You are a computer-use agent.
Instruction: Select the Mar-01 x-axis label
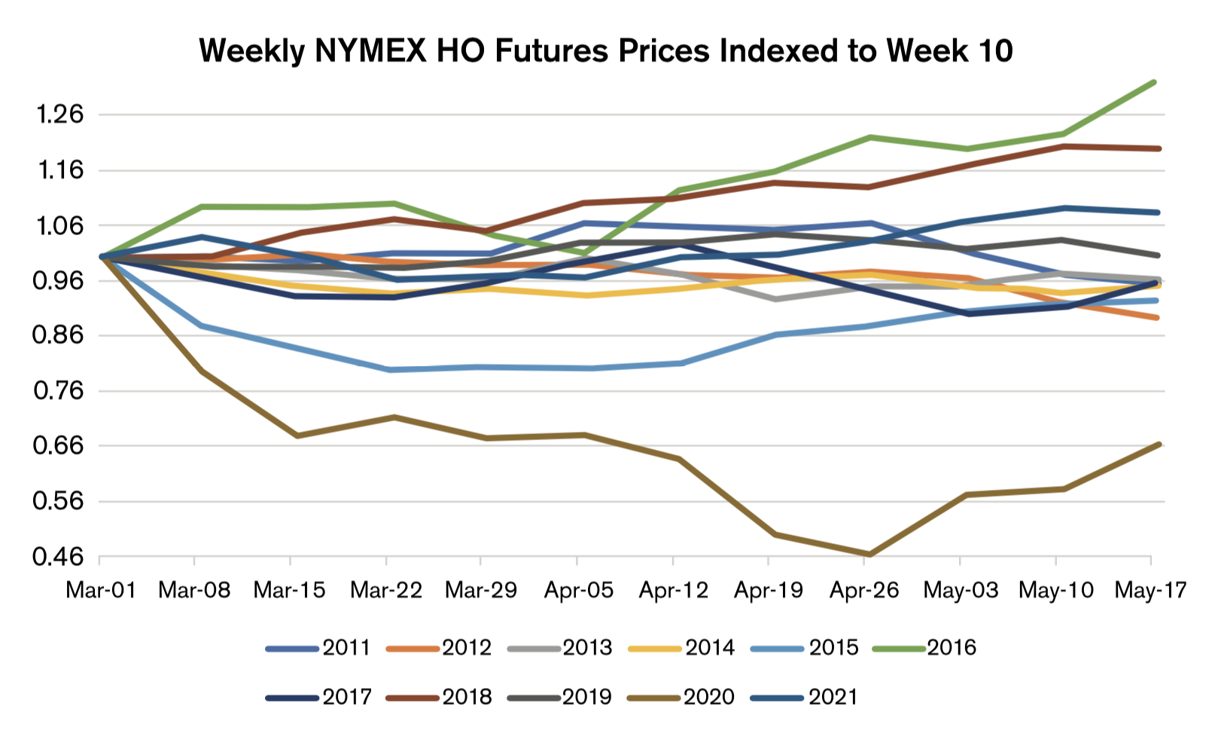(100, 590)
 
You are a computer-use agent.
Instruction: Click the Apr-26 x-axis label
(864, 590)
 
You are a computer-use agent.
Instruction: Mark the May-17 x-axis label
(1150, 590)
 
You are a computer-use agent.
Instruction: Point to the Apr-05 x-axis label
(578, 590)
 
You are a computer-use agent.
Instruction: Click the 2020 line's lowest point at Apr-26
(869, 555)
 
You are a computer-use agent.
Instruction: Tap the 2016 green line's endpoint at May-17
(1154, 82)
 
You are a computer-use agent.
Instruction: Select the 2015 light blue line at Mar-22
(388, 370)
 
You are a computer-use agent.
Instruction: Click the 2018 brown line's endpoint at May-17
(1158, 148)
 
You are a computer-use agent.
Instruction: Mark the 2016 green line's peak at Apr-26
(869, 137)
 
